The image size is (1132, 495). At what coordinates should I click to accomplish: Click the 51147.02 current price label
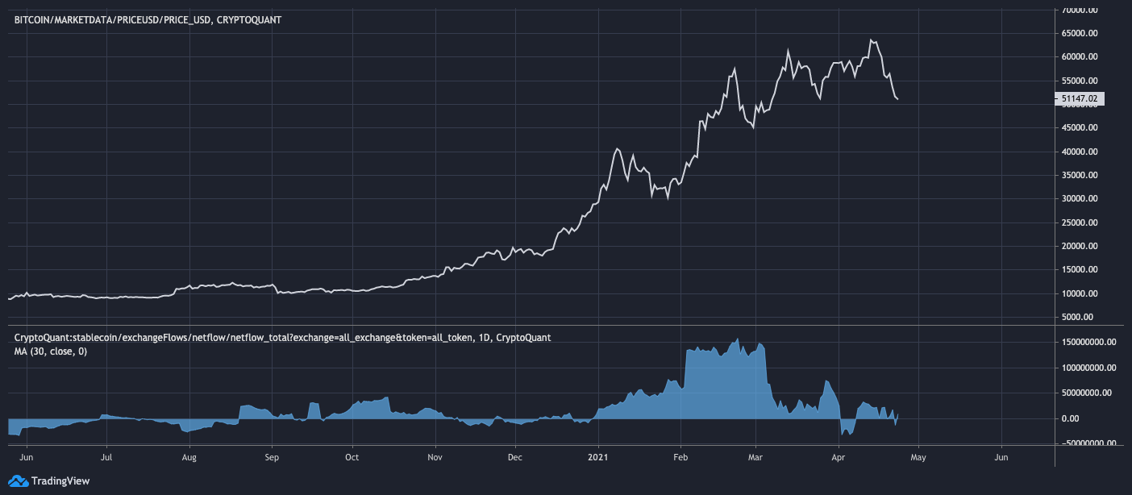pos(1079,98)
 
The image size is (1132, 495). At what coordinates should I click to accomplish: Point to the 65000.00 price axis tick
pos(1080,34)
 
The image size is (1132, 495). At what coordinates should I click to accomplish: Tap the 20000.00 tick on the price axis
pos(1080,247)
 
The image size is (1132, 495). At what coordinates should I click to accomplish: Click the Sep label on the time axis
pos(272,456)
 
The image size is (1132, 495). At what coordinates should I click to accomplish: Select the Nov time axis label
pos(435,456)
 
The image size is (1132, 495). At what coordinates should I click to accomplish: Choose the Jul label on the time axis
pos(106,456)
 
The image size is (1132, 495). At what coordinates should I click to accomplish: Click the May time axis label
pos(918,456)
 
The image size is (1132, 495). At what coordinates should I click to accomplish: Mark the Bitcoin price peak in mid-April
pos(872,40)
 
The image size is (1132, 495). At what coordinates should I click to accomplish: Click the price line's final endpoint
pos(898,99)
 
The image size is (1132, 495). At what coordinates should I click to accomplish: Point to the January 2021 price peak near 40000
pos(617,148)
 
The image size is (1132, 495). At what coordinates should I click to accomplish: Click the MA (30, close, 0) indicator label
pos(50,351)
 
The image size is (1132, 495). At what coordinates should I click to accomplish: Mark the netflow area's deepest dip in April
pos(843,435)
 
